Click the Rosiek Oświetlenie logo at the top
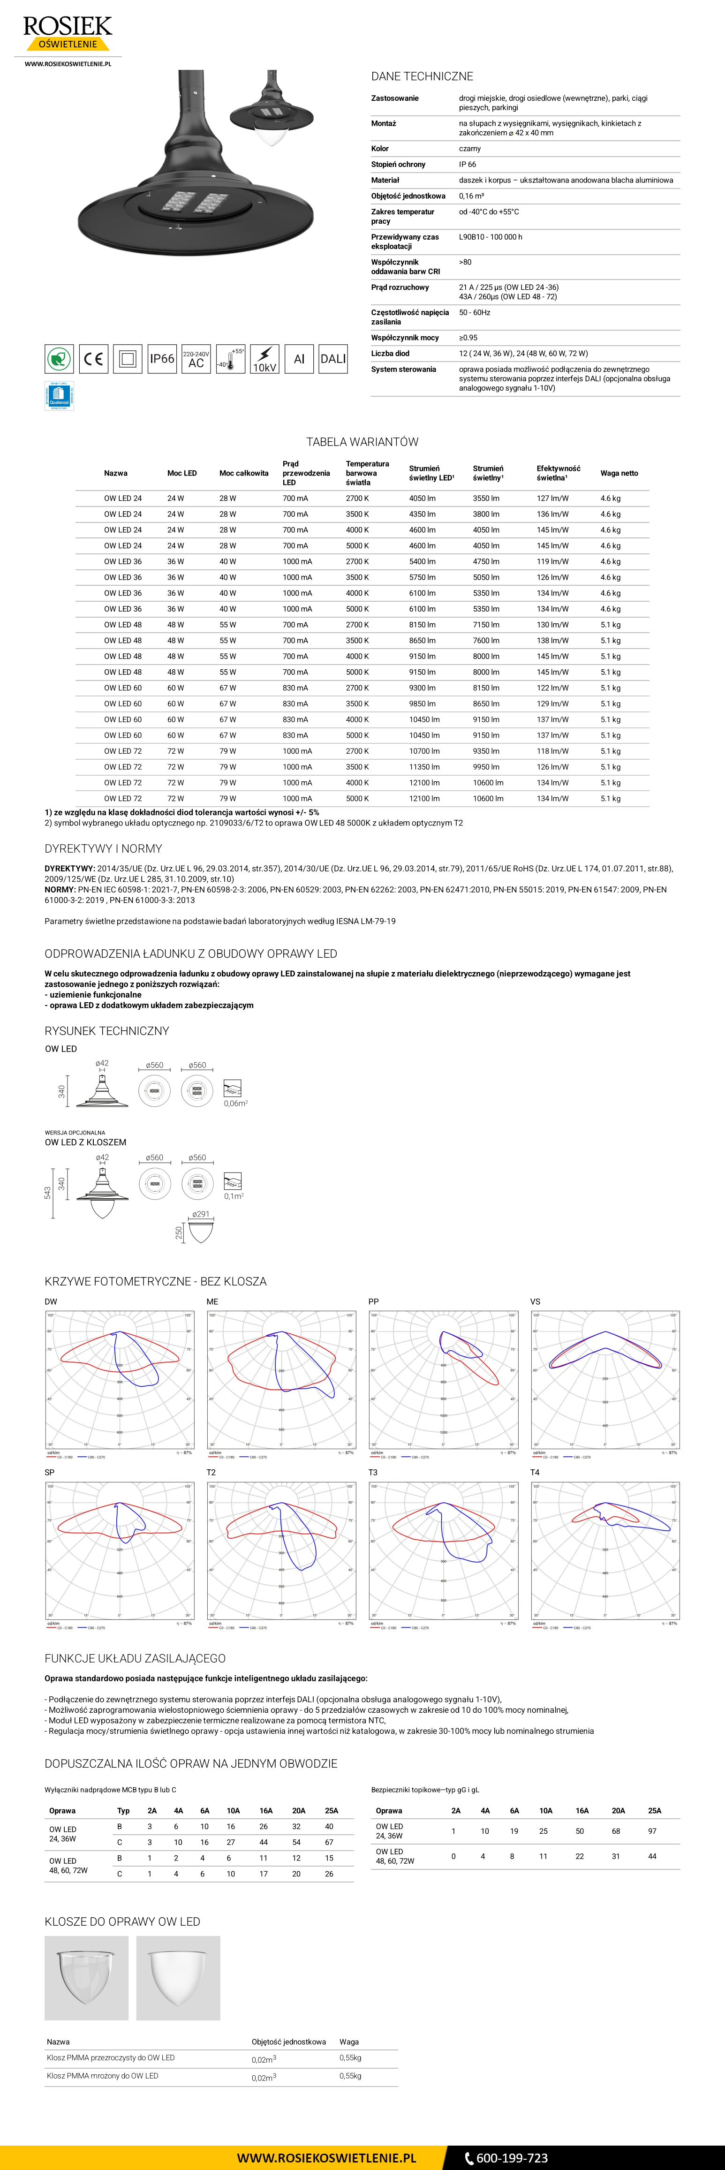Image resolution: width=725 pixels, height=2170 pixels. [68, 34]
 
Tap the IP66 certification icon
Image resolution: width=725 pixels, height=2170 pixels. [162, 359]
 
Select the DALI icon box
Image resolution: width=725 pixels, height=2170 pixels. [332, 359]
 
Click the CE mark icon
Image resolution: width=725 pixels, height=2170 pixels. [93, 359]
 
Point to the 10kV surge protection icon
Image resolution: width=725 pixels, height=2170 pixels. [264, 359]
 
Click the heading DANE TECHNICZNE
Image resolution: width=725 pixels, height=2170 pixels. [422, 76]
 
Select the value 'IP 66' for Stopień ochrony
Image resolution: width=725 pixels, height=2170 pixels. [468, 164]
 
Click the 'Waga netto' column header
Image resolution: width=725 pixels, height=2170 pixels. [619, 473]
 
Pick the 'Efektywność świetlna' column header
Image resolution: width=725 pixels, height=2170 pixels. [558, 473]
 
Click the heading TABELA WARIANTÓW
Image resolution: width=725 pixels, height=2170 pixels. [362, 441]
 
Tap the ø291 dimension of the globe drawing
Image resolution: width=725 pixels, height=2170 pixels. [200, 1214]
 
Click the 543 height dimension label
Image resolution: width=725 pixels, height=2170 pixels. [48, 1193]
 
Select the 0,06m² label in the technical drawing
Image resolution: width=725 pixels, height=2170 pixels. [235, 1103]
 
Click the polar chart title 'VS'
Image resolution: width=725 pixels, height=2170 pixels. [536, 1301]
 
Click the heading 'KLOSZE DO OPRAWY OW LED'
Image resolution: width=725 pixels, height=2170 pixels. [122, 1921]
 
